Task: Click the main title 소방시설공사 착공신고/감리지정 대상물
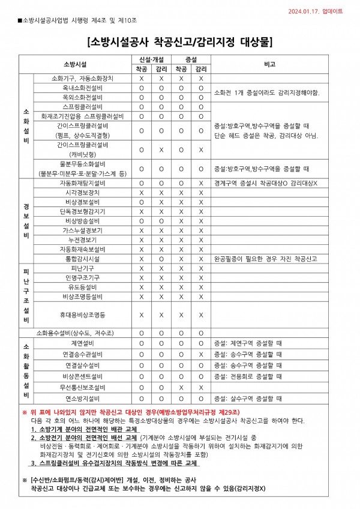tap(179, 43)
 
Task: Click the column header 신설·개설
tap(151, 61)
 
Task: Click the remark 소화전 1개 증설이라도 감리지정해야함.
tap(266, 92)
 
